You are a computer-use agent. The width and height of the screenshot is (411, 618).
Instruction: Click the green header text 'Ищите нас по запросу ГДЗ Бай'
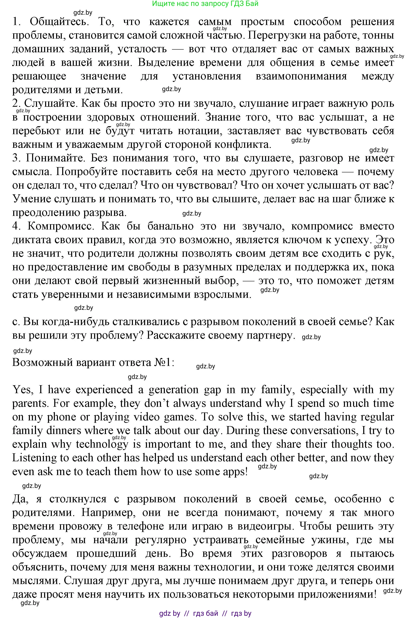205,4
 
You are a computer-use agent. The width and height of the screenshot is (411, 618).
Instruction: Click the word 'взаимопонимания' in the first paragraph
301,76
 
